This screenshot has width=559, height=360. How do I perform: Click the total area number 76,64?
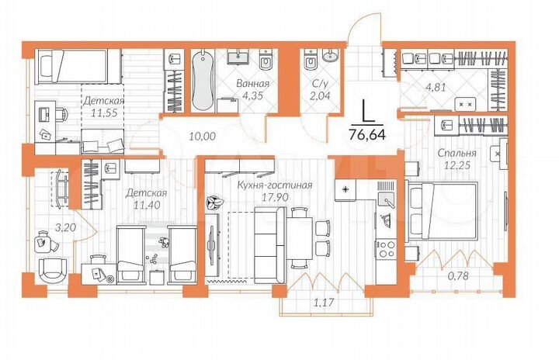click(370, 133)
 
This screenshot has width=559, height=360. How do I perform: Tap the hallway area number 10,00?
click(202, 137)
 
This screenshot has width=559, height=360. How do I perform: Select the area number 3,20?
click(48, 228)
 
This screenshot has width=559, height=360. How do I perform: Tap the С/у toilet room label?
click(318, 85)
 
